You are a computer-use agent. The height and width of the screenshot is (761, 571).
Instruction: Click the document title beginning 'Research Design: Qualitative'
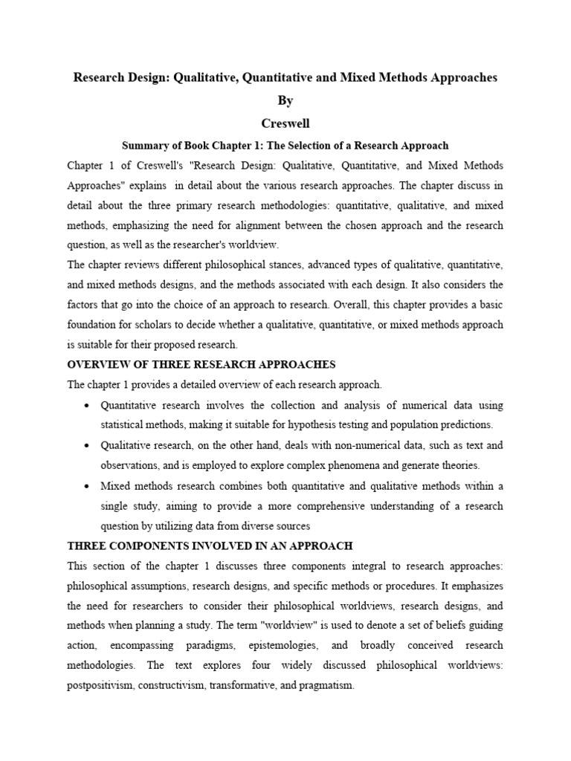tap(285, 77)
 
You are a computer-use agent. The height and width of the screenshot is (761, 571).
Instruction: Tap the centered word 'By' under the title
tap(285, 100)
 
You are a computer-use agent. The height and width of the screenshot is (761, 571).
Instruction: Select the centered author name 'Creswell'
tap(285, 123)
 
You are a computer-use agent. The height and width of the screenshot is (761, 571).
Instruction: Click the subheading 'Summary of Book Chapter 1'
tap(285, 145)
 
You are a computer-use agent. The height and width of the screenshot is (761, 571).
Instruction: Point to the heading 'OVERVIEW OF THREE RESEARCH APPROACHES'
tap(201, 364)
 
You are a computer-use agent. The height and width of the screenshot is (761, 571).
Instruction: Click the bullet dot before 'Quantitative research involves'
tap(88, 406)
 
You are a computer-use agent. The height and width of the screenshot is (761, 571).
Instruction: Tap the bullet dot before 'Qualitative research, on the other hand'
tap(88, 446)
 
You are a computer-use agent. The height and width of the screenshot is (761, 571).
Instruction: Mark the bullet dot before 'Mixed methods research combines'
tap(88, 486)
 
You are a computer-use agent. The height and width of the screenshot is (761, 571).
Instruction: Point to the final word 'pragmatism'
tap(324, 686)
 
